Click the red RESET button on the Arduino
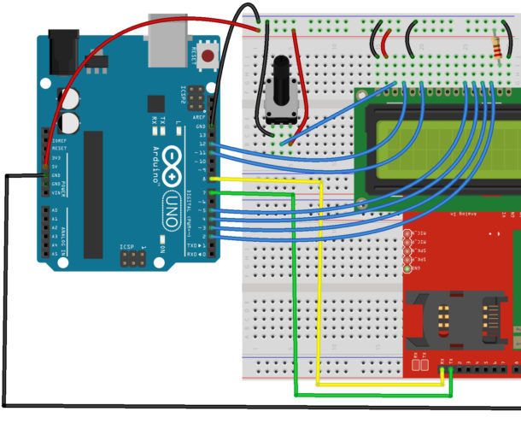pyautogui.click(x=208, y=56)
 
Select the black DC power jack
pyautogui.click(x=64, y=46)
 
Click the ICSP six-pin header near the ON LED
pyautogui.click(x=132, y=255)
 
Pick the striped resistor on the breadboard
pyautogui.click(x=499, y=44)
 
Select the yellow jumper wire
pyautogui.click(x=318, y=282)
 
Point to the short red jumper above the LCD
pyautogui.click(x=387, y=42)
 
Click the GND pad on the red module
pyautogui.click(x=416, y=268)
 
